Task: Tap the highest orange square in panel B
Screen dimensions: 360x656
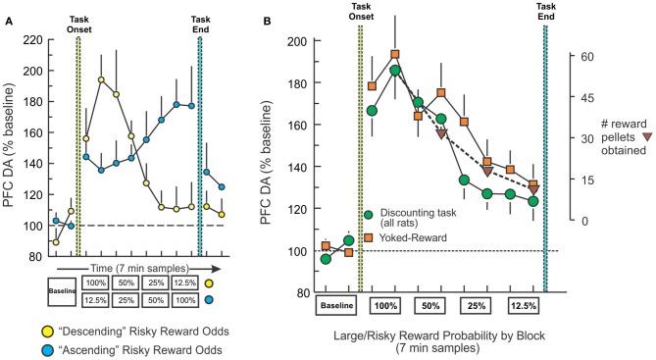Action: point(395,55)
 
